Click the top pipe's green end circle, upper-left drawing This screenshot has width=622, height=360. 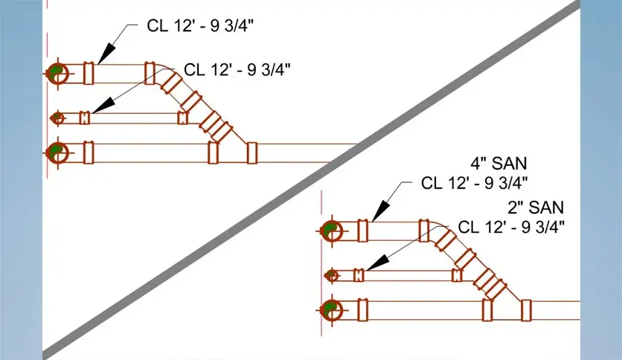57,73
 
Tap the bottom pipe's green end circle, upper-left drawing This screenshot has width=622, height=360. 57,152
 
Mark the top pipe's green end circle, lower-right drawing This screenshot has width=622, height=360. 330,231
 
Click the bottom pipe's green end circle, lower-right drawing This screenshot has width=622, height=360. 330,309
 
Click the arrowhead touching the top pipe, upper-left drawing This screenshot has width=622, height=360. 105,54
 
